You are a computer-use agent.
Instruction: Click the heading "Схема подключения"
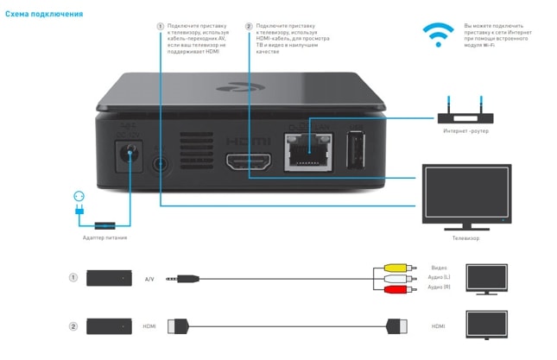44,15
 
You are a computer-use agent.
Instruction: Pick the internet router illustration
466,112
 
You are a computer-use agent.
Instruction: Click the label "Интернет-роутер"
466,131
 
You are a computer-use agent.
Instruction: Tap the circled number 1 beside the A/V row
73,278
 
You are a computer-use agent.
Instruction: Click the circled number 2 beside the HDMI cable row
73,326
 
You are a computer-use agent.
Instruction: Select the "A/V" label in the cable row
149,279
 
